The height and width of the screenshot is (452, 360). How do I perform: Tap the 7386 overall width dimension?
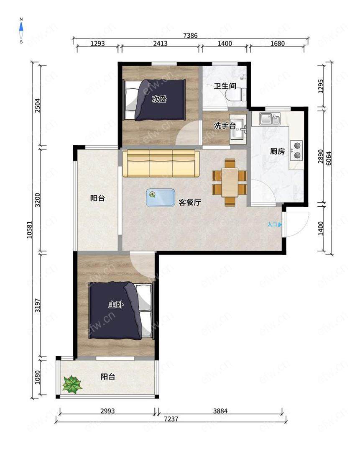tap(190, 36)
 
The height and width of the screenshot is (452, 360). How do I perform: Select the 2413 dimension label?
tap(160, 44)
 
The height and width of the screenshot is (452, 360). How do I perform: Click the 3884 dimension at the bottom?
tap(220, 411)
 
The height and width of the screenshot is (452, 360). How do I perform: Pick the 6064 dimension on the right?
tap(328, 158)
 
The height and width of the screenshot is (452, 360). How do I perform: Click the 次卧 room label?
tap(159, 99)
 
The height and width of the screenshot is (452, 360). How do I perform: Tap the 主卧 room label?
tap(116, 304)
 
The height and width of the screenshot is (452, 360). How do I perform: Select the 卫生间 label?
tap(225, 86)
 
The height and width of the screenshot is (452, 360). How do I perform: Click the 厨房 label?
tap(277, 151)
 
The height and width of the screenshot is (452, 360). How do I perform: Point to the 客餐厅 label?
tap(190, 203)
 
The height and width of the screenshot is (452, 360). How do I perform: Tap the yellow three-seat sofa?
tap(161, 163)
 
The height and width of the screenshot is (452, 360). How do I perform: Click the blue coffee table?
tap(161, 198)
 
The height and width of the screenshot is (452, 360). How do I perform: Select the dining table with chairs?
tap(230, 182)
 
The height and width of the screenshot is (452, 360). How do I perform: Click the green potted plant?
tap(72, 385)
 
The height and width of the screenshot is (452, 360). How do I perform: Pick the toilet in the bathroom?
tap(236, 94)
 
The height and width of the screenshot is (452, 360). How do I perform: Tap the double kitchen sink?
tap(270, 119)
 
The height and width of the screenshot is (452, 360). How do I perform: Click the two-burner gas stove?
tap(296, 150)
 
